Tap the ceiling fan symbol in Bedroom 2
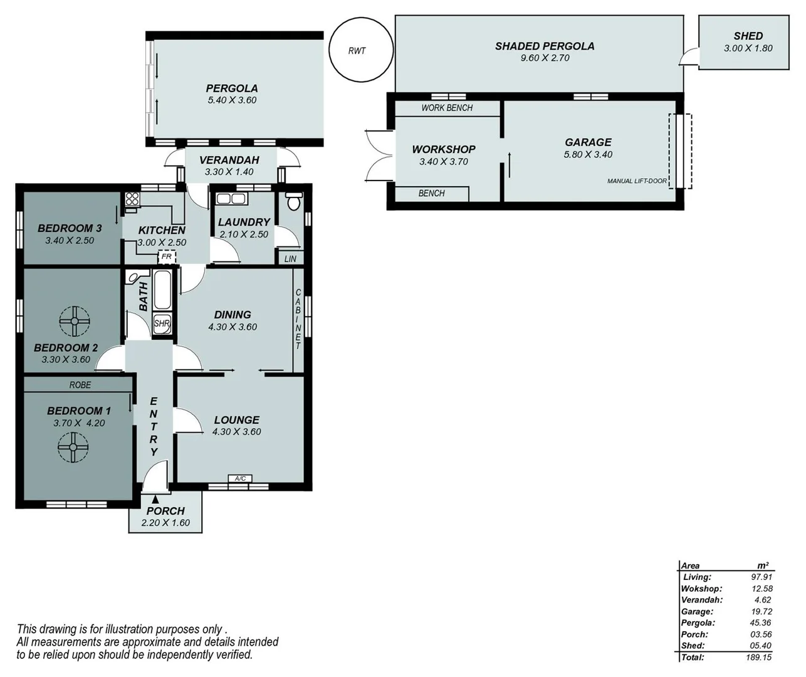75,322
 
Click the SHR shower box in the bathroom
162,324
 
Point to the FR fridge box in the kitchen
166,256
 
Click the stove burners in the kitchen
132,199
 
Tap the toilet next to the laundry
293,201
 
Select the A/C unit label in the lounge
240,479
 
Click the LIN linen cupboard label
290,258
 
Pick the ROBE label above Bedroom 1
80,385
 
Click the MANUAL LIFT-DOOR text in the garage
637,181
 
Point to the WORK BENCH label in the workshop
447,108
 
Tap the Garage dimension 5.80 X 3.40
588,154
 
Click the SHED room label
748,36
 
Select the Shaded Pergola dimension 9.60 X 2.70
544,58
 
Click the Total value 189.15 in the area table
760,657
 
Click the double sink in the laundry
231,199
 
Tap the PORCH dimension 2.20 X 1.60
165,523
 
